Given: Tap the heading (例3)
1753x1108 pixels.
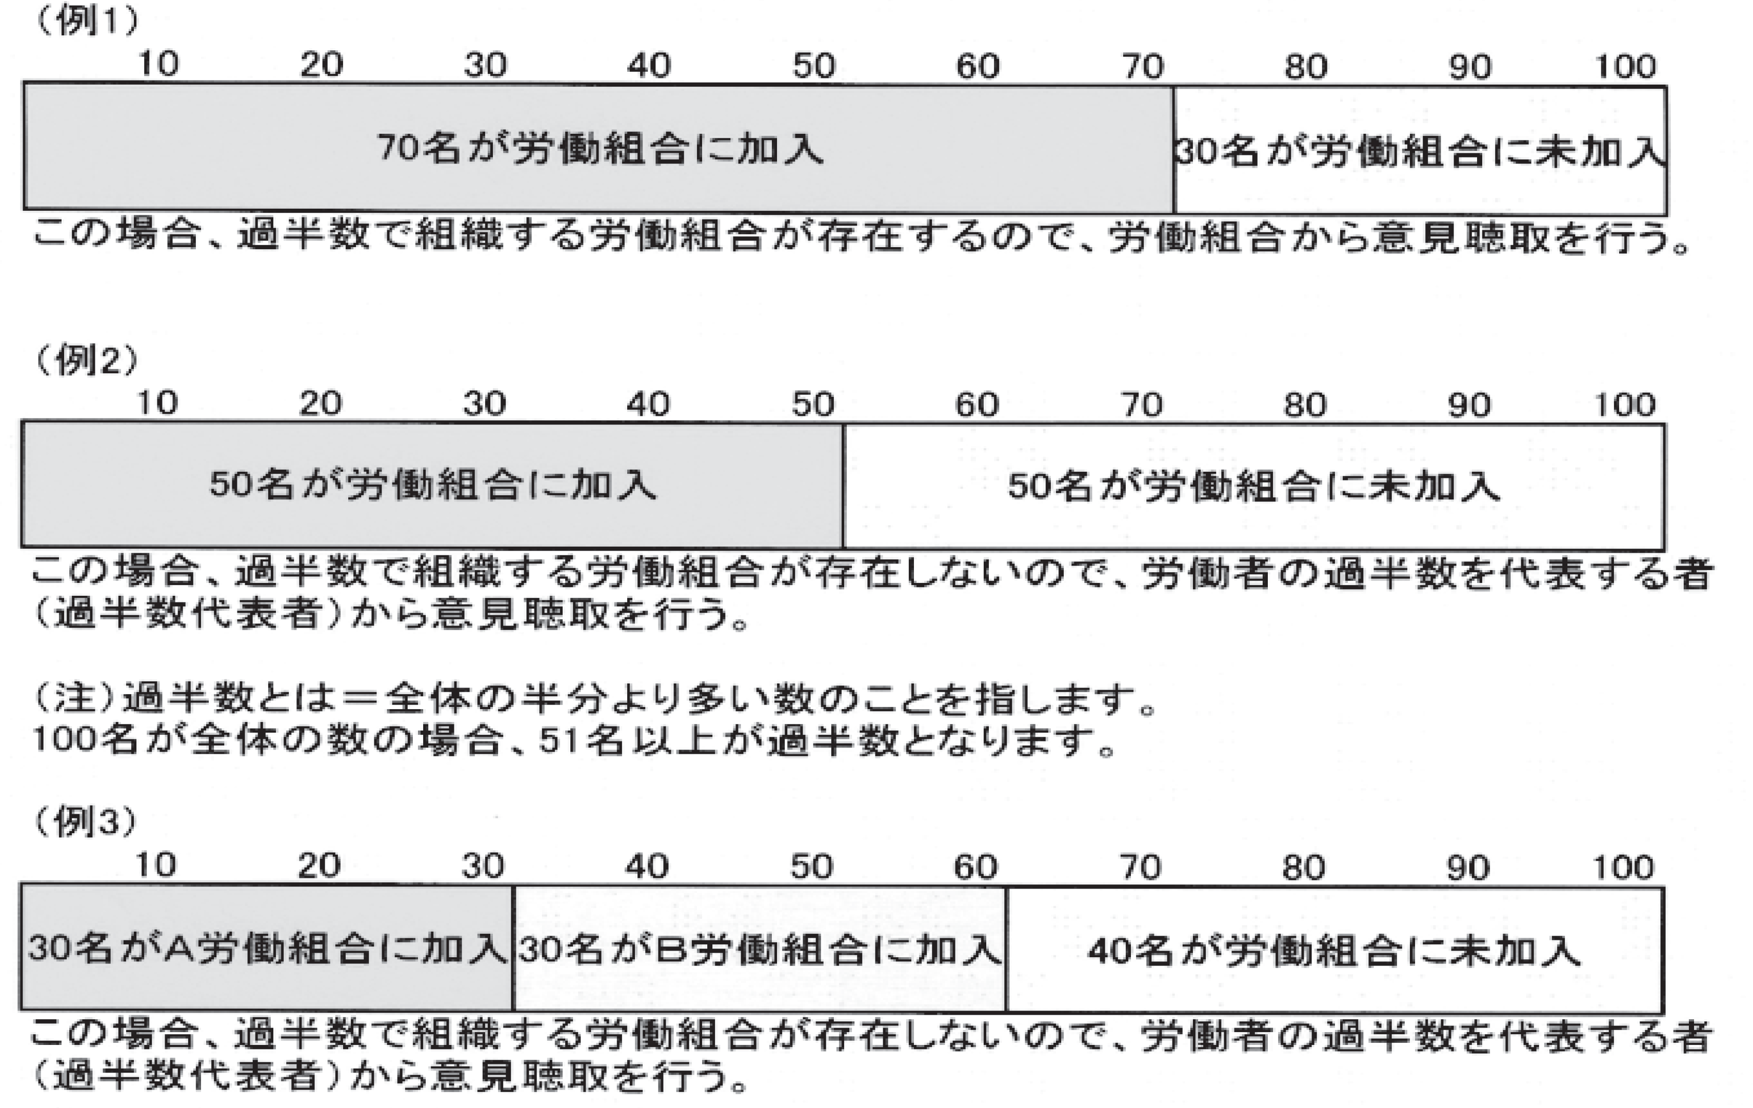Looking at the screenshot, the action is tap(86, 821).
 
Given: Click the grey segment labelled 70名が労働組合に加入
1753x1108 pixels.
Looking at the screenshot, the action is tap(599, 149).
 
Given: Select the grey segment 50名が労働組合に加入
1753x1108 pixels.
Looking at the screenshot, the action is tap(432, 485).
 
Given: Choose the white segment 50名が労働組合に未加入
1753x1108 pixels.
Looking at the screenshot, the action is tap(1253, 486).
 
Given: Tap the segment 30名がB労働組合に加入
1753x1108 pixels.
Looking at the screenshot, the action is tap(759, 949).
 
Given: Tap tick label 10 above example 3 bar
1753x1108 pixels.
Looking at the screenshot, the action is tap(156, 865).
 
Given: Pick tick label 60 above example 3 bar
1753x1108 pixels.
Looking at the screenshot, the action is tap(975, 867).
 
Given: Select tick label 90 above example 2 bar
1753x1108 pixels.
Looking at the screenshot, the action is tap(1469, 405).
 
